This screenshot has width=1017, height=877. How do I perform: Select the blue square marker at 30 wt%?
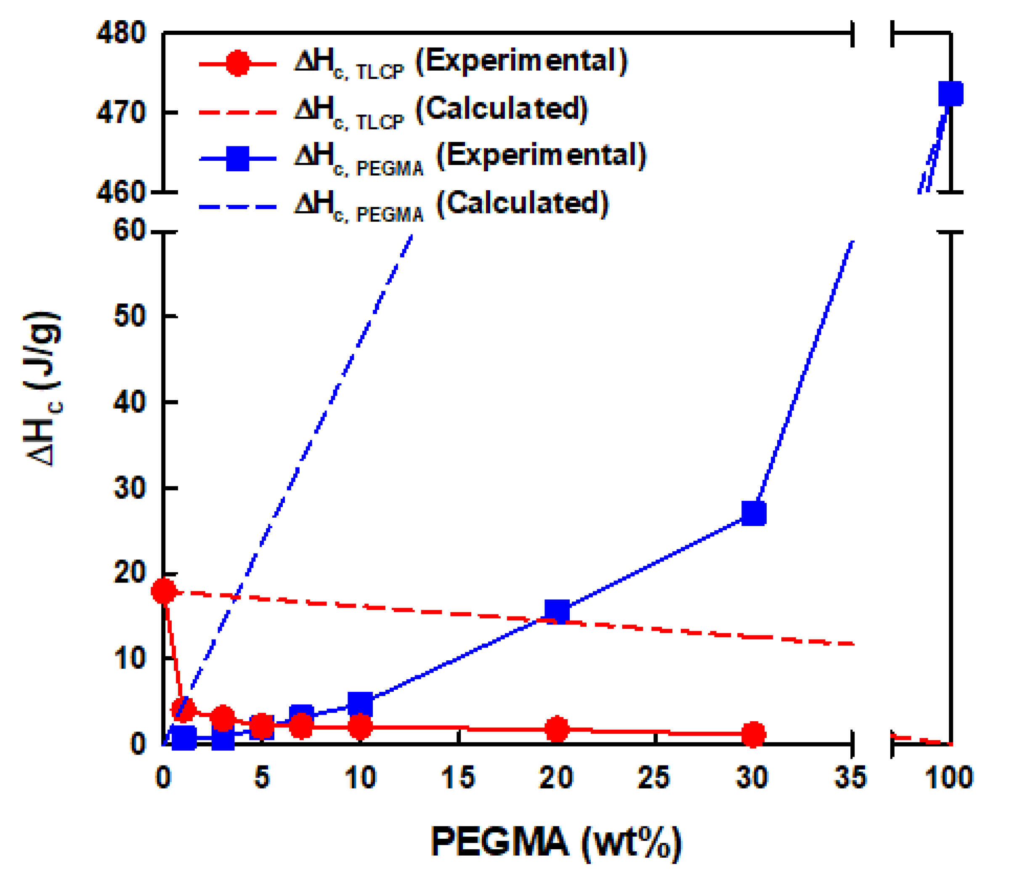click(754, 513)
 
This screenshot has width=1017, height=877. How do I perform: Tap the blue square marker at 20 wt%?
click(557, 610)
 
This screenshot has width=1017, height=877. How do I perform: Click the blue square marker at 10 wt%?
click(360, 704)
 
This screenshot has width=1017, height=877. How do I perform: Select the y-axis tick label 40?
click(130, 402)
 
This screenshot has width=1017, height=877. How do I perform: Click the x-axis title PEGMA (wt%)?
click(556, 842)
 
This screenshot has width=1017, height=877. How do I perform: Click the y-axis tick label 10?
click(130, 659)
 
